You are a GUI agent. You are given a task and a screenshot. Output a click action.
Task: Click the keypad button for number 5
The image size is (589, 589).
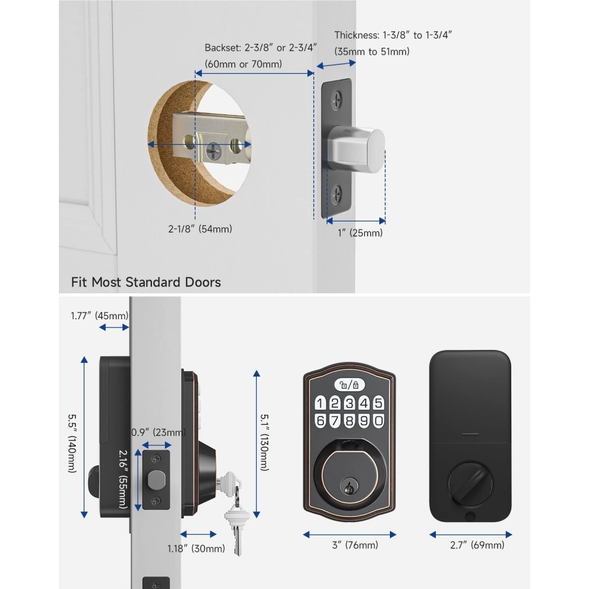point(379,403)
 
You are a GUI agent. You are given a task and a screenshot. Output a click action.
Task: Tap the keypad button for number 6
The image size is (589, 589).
point(320,421)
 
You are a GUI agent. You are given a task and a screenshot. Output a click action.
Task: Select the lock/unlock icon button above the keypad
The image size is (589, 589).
point(349,385)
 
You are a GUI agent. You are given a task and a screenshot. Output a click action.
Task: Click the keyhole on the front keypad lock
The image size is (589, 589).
point(349,486)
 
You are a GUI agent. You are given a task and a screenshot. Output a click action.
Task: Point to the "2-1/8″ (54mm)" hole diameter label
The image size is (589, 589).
point(200,229)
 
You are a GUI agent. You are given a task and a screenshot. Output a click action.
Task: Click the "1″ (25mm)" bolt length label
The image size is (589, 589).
point(360,233)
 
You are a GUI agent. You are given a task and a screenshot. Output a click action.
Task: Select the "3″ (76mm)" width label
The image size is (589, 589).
point(355,545)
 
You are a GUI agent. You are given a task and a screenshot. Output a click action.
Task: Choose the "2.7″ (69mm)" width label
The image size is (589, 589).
point(477,545)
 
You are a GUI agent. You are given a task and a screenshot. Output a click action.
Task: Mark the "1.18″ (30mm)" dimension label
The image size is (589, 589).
point(196,548)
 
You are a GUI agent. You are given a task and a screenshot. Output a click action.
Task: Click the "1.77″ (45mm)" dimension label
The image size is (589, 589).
point(100,316)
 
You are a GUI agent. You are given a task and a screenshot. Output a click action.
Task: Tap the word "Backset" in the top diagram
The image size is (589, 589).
point(222,48)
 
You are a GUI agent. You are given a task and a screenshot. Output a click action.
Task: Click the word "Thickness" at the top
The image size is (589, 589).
point(356,35)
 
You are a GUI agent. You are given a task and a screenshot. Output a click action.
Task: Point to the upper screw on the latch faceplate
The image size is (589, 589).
point(336,101)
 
